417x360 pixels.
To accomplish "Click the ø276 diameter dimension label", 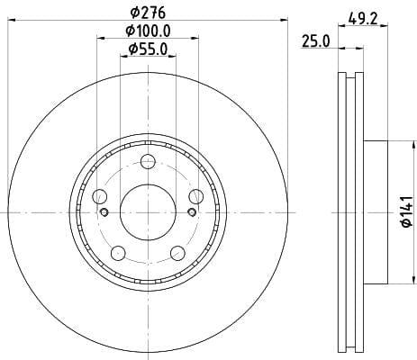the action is pyautogui.click(x=148, y=13).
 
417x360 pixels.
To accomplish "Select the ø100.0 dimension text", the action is pyautogui.click(x=148, y=31).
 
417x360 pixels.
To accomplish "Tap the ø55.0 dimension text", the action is pyautogui.click(x=148, y=49).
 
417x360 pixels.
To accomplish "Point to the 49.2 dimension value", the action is pyautogui.click(x=363, y=19).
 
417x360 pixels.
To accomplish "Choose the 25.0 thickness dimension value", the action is pyautogui.click(x=316, y=41).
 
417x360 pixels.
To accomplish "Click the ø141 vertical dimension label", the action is pyautogui.click(x=408, y=211).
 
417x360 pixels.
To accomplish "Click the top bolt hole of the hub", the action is pyautogui.click(x=149, y=162).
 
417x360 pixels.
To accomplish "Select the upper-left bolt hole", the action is pyautogui.click(x=100, y=197).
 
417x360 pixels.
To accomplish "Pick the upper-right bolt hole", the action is pyautogui.click(x=196, y=196).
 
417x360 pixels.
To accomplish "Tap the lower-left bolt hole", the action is pyautogui.click(x=118, y=253).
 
